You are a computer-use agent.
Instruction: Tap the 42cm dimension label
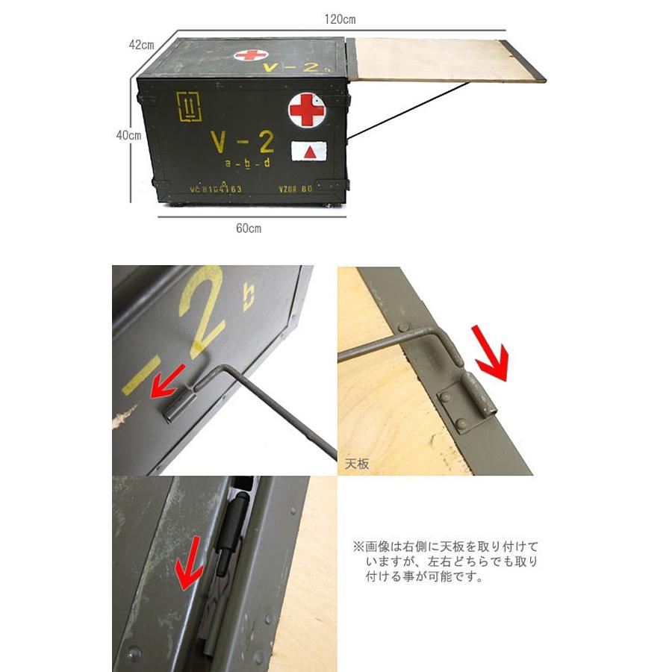[x=141, y=45]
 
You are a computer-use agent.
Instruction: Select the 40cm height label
[x=128, y=136]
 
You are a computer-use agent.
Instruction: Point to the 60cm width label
[x=248, y=228]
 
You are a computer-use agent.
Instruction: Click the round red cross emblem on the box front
[x=307, y=111]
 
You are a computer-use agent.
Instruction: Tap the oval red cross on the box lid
[x=251, y=55]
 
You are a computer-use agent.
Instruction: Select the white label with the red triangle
[x=308, y=151]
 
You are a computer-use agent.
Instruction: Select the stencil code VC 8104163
[x=215, y=190]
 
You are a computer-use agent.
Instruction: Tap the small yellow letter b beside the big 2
[x=249, y=296]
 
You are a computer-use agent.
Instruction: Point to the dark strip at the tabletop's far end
[x=526, y=60]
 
